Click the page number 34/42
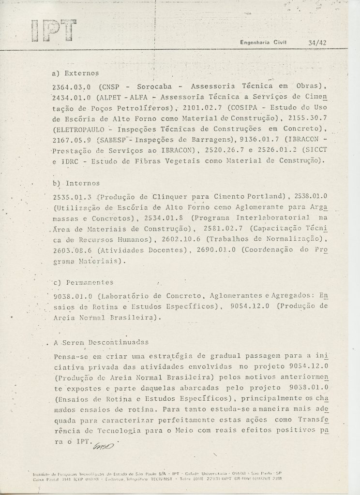(x=317, y=42)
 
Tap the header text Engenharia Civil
(x=263, y=42)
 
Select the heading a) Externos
(x=75, y=73)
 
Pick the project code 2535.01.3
(x=72, y=197)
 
